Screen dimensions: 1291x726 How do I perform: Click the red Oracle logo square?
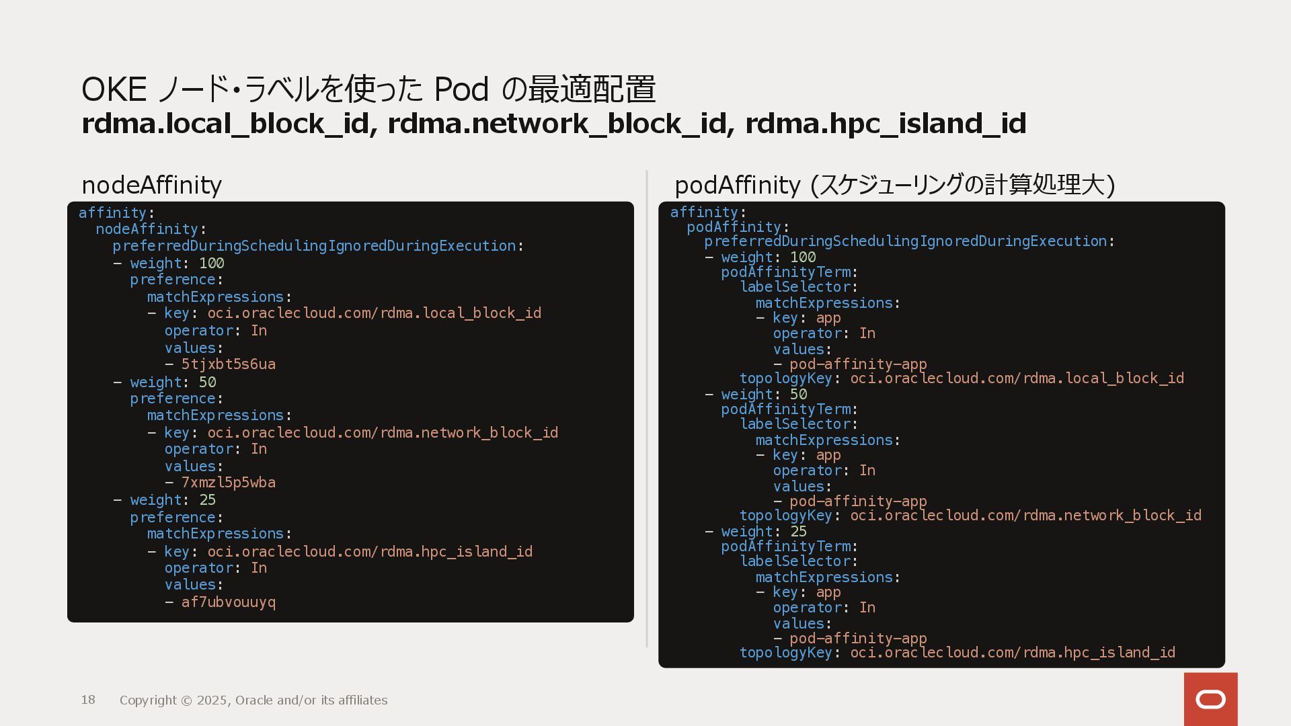(x=1210, y=699)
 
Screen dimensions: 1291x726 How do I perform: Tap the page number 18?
(x=88, y=700)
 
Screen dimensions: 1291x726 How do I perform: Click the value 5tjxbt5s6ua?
(x=228, y=364)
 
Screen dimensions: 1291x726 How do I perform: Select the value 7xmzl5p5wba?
(x=228, y=483)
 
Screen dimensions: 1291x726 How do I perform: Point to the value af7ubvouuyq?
(x=228, y=602)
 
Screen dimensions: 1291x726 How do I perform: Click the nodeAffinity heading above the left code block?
(x=151, y=185)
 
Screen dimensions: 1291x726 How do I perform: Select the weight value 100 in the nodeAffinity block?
(x=211, y=264)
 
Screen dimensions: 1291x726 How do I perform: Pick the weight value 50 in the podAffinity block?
(x=798, y=395)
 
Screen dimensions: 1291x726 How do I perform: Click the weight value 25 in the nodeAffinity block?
(x=207, y=500)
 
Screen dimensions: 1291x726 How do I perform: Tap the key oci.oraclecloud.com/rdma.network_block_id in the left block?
(x=382, y=433)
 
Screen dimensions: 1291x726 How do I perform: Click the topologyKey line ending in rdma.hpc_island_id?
(x=957, y=653)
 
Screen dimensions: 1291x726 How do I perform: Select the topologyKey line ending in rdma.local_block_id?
(x=962, y=378)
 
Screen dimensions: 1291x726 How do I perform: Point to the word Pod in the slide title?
(x=461, y=89)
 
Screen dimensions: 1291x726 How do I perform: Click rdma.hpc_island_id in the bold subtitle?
(x=885, y=124)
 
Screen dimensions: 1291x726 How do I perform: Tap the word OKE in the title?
(x=114, y=89)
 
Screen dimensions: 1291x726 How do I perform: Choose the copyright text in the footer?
(x=253, y=700)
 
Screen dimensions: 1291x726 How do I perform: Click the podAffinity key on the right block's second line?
(x=734, y=227)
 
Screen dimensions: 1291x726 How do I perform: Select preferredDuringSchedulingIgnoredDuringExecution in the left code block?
(x=314, y=246)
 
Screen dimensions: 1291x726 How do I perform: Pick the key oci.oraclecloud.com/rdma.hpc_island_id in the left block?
(x=369, y=552)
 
